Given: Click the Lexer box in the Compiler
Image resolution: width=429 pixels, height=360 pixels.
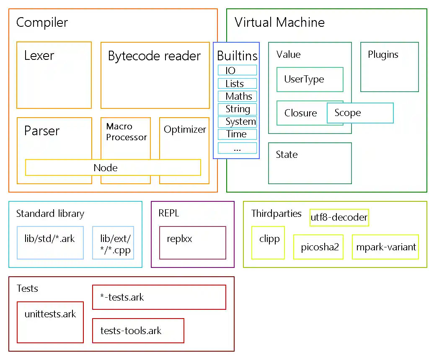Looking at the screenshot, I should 54,75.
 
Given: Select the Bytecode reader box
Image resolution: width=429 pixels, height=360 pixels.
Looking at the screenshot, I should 155,75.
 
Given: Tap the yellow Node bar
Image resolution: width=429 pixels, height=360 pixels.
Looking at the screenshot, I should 113,168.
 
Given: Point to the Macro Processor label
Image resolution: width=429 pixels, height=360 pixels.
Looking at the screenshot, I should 126,132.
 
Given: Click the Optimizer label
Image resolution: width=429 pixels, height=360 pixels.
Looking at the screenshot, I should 185,130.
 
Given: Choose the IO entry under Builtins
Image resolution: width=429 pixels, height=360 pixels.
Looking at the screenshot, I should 237,70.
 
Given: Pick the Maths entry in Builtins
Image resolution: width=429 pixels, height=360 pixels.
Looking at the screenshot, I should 237,96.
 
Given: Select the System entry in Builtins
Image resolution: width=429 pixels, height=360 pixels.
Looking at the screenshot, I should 237,122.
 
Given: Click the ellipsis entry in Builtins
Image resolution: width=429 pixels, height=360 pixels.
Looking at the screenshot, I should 237,148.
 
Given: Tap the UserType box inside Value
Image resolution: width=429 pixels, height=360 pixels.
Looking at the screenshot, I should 310,80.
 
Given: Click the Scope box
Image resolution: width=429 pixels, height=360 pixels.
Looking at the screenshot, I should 360,113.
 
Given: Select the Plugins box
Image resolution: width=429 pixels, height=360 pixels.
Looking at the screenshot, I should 389,67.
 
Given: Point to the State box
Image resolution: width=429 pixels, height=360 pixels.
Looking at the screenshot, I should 310,163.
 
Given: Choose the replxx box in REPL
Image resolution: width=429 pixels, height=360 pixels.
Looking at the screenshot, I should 192,243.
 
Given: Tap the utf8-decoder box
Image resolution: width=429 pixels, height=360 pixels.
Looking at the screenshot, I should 339,218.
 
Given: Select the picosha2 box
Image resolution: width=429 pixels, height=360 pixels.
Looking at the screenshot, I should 318,247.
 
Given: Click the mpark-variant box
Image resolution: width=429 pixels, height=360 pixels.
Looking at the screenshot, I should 385,247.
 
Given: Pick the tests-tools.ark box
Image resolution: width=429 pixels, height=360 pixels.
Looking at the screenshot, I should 138,331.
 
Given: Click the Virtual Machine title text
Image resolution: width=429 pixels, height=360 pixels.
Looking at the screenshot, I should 279,23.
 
